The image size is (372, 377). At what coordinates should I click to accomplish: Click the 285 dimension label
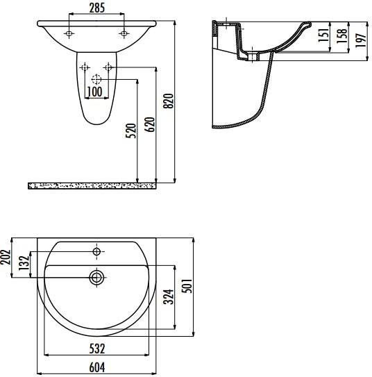(97, 8)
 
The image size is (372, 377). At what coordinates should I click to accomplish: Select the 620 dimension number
(149, 124)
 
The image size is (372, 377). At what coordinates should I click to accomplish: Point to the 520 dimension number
(131, 131)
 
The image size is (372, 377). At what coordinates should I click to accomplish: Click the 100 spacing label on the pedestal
(94, 92)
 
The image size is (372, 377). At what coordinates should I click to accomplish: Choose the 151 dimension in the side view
(323, 35)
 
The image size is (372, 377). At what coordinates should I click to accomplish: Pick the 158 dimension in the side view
(341, 36)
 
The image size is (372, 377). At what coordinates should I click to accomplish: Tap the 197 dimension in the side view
(360, 40)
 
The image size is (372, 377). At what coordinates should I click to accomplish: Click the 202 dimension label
(6, 257)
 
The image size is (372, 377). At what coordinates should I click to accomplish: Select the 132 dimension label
(24, 263)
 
